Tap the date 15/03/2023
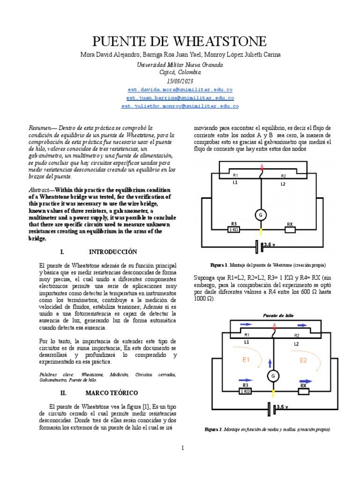180,81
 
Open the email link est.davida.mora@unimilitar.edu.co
180,89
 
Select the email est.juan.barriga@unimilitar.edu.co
180,97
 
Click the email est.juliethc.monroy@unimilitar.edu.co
180,106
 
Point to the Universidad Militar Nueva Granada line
180,65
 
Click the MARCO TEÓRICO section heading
111,392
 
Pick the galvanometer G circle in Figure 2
272,375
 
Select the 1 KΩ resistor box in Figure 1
233,230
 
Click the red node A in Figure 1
262,166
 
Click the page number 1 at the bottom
183,448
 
